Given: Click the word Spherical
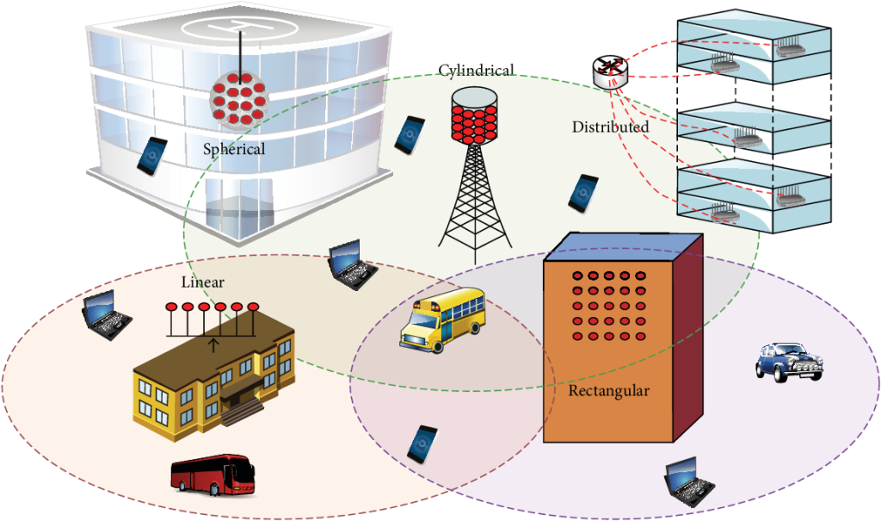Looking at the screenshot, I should point(234,149).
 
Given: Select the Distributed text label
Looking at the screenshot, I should point(610,127).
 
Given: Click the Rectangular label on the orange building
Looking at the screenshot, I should point(608,391).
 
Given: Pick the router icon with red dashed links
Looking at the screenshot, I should point(611,71).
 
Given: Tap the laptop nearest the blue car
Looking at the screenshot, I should point(691,482).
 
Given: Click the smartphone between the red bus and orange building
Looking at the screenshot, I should point(422,443).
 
